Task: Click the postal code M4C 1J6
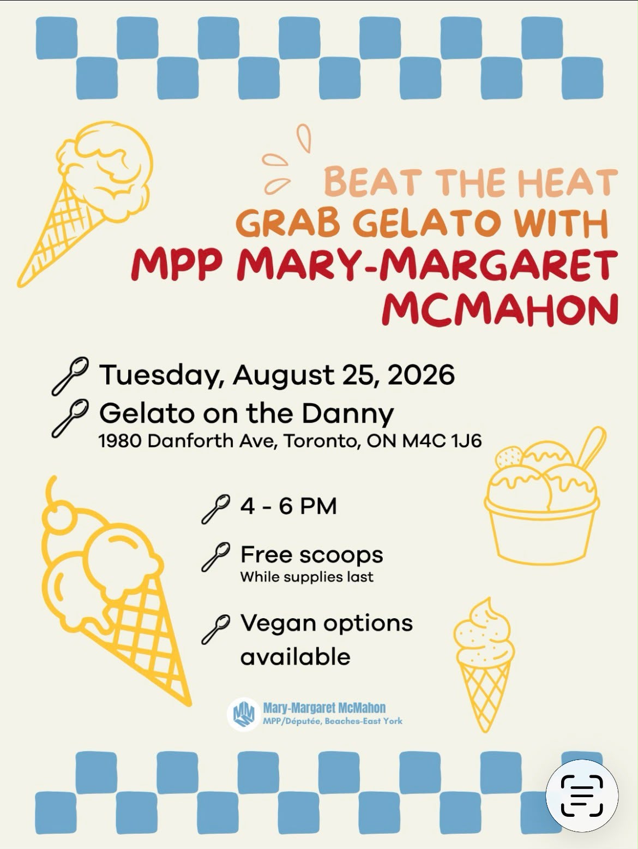click(442, 441)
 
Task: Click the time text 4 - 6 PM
click(288, 506)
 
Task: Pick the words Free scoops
click(311, 555)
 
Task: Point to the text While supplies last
click(307, 577)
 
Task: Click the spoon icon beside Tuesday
click(70, 376)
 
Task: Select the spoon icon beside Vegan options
click(215, 629)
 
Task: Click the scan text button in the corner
click(582, 796)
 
